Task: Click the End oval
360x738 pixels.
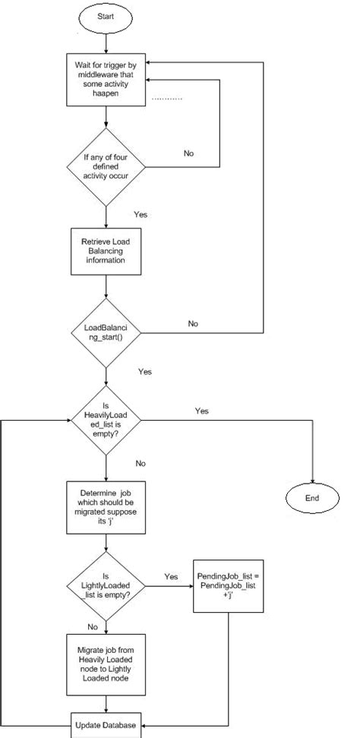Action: point(311,498)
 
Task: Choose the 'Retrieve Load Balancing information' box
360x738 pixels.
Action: point(106,251)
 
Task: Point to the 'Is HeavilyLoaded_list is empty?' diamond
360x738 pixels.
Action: point(106,419)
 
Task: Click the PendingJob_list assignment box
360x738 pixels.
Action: point(227,582)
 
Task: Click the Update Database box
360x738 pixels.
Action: point(106,726)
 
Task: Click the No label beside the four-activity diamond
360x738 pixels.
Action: point(189,153)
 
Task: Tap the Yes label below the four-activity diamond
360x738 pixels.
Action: point(140,214)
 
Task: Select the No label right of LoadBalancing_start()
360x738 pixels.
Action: point(193,323)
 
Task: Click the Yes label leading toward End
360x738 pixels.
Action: point(201,411)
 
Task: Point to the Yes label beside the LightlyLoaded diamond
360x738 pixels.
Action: point(171,576)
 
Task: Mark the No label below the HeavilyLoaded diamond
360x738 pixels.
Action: point(141,462)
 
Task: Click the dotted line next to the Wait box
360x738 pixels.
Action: point(167,99)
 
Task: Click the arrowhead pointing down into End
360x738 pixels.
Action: point(311,479)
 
